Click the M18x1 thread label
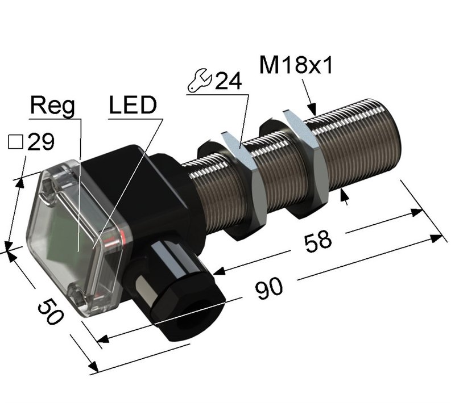[295, 66]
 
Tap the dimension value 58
[318, 240]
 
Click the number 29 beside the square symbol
[40, 142]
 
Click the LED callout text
[132, 106]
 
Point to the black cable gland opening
[191, 321]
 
